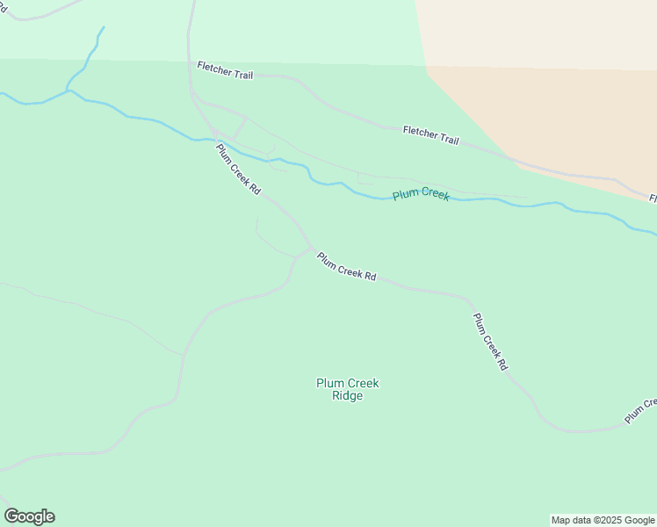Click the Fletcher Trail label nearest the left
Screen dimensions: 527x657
click(225, 70)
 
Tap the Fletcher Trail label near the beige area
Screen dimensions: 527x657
click(430, 134)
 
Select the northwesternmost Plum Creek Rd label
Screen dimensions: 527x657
click(239, 170)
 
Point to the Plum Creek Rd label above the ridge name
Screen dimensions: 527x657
click(346, 267)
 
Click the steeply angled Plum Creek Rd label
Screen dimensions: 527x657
click(490, 342)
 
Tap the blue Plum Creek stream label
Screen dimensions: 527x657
click(421, 194)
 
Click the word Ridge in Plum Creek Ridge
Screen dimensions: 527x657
click(348, 396)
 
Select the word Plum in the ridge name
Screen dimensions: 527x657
click(328, 383)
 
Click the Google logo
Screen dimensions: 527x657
click(29, 516)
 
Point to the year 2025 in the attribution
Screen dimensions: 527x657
click(605, 521)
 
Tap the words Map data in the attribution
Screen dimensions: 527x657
click(571, 521)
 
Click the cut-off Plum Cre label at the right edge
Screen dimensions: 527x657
click(640, 410)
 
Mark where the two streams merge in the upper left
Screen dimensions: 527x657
click(69, 90)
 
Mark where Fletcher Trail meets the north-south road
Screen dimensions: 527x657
click(189, 62)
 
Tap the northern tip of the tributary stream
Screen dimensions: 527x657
click(103, 27)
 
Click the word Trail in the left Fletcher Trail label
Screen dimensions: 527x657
click(242, 74)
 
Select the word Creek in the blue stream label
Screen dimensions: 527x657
click(435, 195)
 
